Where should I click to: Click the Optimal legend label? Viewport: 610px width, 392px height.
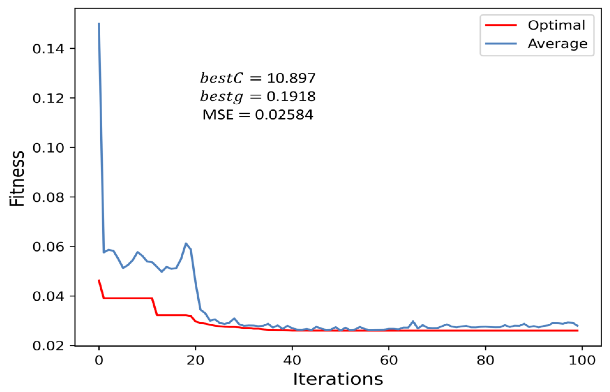click(x=556, y=25)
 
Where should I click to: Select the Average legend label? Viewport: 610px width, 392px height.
click(x=557, y=44)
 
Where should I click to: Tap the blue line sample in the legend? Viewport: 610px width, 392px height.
click(x=501, y=44)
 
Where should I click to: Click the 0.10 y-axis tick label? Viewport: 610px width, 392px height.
click(x=48, y=148)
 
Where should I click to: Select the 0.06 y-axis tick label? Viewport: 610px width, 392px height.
click(x=48, y=247)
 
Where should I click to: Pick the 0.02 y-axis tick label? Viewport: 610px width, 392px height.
click(x=48, y=346)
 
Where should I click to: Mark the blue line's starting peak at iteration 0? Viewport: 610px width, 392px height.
click(x=99, y=24)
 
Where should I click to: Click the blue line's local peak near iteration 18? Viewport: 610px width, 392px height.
click(x=186, y=243)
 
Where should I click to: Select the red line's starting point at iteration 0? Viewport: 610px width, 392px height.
click(x=99, y=280)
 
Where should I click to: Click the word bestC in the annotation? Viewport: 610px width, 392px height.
click(x=221, y=78)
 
